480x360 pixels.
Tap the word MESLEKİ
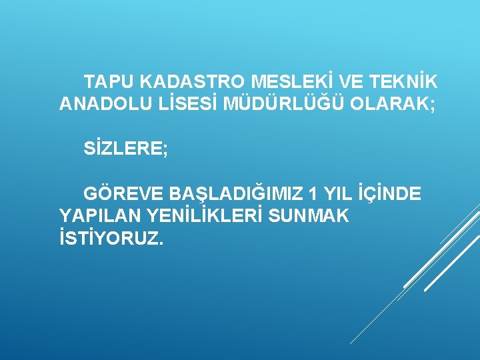click(x=292, y=82)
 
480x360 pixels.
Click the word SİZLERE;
click(x=126, y=149)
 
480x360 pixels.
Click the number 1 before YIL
click(x=313, y=193)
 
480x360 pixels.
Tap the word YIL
click(x=336, y=193)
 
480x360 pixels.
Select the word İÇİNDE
click(x=389, y=193)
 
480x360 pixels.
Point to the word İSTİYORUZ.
click(x=111, y=238)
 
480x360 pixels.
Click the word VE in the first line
click(x=351, y=82)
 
